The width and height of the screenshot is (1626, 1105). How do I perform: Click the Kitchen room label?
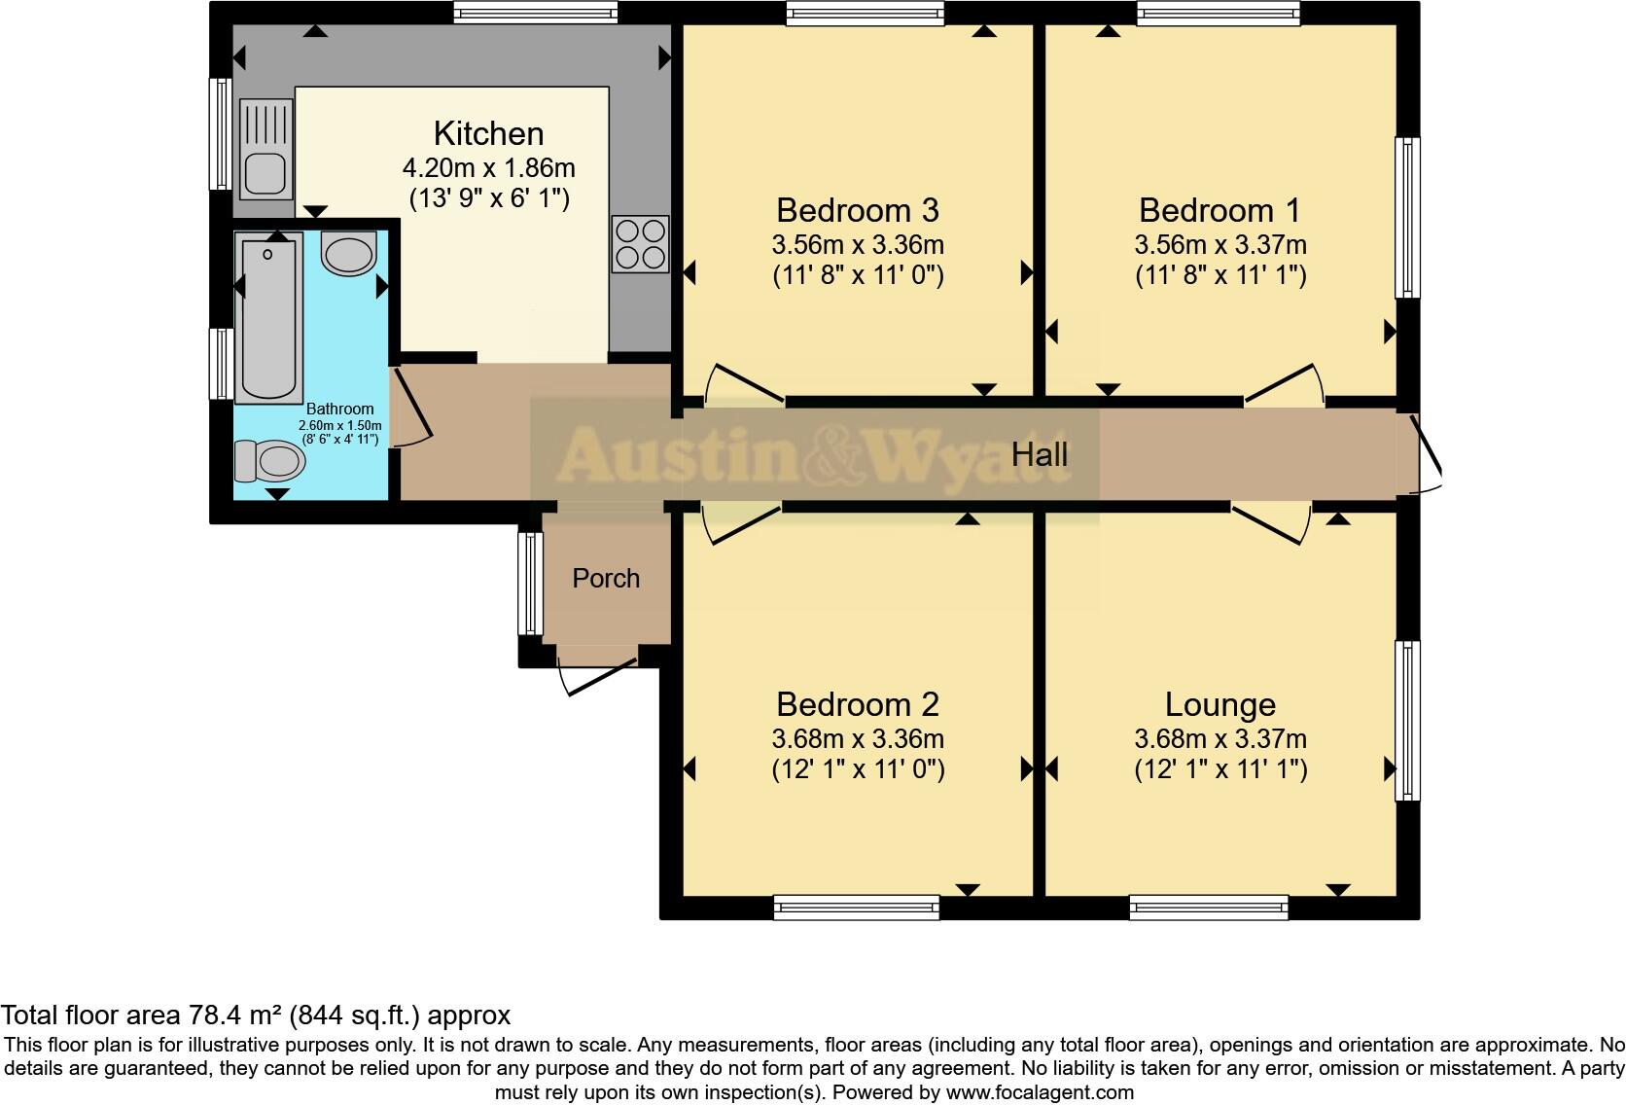[488, 133]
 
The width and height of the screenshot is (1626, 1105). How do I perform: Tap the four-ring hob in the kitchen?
[640, 243]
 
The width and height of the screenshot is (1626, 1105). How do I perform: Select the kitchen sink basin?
[264, 175]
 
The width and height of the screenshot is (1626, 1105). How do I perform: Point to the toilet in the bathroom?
[267, 460]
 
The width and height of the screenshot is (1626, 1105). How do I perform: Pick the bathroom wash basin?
[348, 253]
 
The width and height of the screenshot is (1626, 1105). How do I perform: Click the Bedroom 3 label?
[857, 210]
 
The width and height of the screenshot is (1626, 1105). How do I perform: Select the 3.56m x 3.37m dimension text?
[1219, 244]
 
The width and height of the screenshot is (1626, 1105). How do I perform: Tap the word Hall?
[1039, 454]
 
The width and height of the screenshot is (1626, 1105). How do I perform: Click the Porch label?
[606, 579]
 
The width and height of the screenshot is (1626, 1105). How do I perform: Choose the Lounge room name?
[1219, 704]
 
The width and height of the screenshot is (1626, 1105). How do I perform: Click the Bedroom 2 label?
[857, 704]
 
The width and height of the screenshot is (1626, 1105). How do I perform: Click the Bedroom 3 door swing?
[744, 383]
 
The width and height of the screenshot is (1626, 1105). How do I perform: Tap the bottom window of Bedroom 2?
[856, 908]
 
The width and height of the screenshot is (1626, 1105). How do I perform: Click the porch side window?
[530, 583]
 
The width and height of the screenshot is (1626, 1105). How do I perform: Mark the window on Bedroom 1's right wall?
[1407, 217]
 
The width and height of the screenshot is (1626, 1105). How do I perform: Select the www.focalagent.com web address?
[1040, 1092]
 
